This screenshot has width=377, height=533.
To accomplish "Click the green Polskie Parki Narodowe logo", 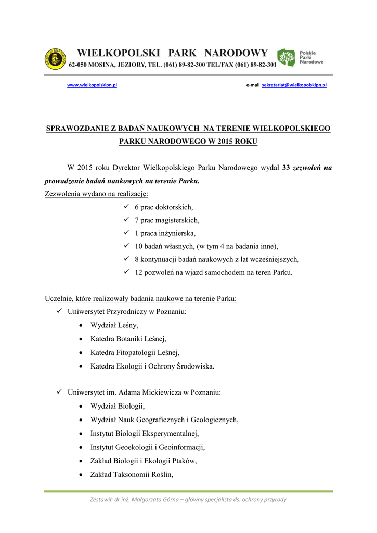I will click(x=300, y=57).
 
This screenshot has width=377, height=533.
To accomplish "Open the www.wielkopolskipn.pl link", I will click(x=92, y=85).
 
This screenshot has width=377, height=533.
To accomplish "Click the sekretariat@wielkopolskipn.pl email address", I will click(x=294, y=85).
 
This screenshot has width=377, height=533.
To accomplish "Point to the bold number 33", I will click(x=285, y=168).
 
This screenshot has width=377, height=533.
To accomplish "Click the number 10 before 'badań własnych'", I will click(x=138, y=246).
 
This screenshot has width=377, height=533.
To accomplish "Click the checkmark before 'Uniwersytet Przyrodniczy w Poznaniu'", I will click(x=59, y=312).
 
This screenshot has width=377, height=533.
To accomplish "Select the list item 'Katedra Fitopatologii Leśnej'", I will click(x=135, y=352).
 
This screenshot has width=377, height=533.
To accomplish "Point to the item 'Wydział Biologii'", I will click(x=117, y=405).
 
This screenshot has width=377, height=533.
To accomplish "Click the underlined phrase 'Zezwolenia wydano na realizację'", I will click(x=96, y=194).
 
